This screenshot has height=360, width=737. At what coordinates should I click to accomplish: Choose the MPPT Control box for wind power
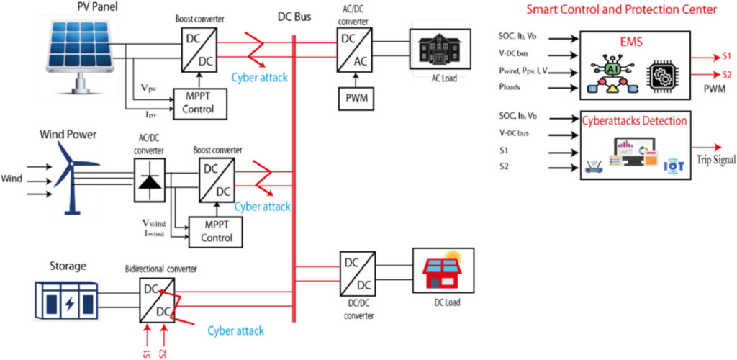pyautogui.click(x=215, y=230)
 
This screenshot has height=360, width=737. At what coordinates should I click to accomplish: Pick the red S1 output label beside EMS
pyautogui.click(x=725, y=55)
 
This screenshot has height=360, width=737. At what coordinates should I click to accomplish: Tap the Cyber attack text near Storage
pyautogui.click(x=235, y=330)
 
